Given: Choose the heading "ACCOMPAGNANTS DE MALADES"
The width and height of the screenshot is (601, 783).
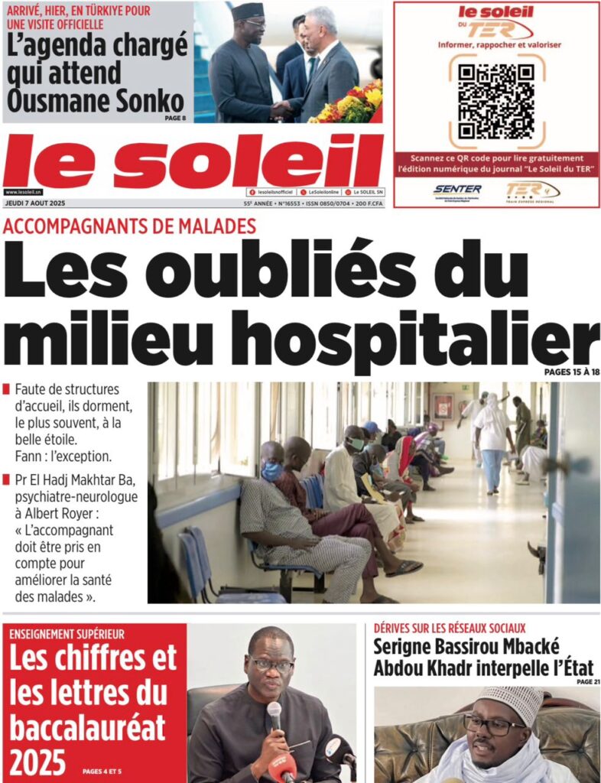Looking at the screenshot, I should coord(129,226).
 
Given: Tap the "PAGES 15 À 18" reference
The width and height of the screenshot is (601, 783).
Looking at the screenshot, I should coord(571,372).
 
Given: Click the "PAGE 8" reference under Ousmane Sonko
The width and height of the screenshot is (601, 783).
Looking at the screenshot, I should coord(174,118).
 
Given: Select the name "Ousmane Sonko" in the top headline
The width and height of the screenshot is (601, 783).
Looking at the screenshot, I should coord(96,101).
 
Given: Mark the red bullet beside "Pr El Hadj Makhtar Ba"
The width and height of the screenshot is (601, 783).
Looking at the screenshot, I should coord(7,480).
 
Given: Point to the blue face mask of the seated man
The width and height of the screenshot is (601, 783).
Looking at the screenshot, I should coord(272,471).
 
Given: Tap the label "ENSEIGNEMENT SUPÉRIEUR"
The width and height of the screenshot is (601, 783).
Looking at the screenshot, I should coord(67,634).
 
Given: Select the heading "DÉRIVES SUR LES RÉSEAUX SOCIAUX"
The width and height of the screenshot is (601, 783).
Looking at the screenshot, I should coord(450,628).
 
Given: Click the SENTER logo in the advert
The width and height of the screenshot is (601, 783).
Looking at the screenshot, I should coord(457,190).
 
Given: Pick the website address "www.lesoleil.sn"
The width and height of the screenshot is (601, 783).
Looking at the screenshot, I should coord(22,192).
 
